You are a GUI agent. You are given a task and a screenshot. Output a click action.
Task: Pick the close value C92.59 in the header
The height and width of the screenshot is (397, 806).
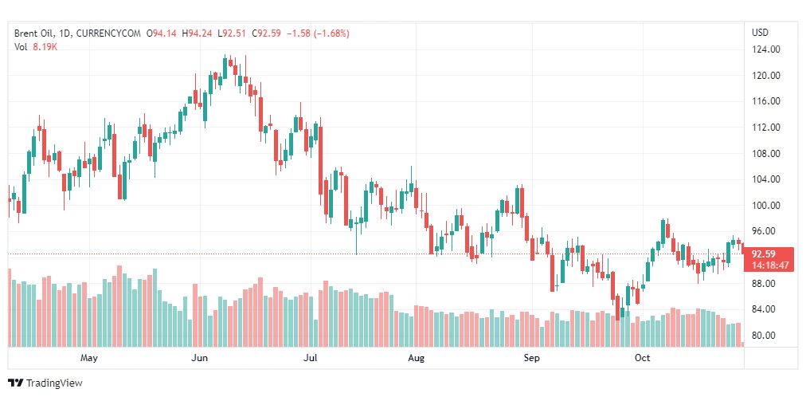tap(267, 33)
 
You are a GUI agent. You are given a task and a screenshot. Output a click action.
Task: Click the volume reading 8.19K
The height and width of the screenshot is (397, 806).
tap(45, 47)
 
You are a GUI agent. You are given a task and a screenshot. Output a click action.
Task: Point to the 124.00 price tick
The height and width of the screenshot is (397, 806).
tap(765, 49)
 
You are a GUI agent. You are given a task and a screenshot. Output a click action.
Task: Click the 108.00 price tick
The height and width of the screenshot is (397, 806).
tap(765, 153)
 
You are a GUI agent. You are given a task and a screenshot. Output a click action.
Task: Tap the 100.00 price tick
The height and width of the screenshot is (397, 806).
tap(765, 205)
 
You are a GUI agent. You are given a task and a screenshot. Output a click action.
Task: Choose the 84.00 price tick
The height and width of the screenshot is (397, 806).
tap(765, 309)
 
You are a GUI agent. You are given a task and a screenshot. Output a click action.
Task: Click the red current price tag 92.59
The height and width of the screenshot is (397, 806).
tap(768, 254)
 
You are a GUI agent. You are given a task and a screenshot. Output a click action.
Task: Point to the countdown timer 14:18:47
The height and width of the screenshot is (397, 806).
tap(769, 265)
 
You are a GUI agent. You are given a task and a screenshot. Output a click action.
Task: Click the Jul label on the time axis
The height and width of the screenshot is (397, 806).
tap(311, 358)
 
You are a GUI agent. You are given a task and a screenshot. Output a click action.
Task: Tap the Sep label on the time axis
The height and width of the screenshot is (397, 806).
tap(531, 358)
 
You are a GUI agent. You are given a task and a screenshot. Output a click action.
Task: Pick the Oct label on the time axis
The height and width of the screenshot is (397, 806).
tap(641, 358)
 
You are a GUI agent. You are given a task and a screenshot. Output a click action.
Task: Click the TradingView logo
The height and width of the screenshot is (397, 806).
tap(45, 383)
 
